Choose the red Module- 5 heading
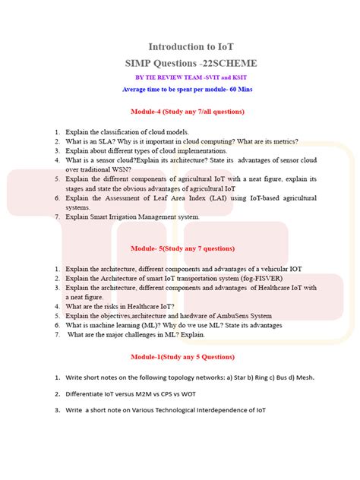(x=185, y=248)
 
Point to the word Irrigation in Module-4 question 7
(x=120, y=216)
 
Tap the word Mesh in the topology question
(x=303, y=377)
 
